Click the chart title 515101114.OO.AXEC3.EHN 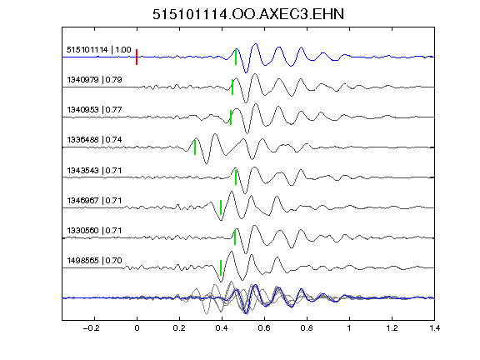[248, 14]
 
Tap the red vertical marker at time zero [137, 57]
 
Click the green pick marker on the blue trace [236, 57]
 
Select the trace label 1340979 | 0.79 [95, 80]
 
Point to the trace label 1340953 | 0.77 [95, 110]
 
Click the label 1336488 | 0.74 [95, 140]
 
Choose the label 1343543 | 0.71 [95, 170]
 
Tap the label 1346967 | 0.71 [95, 201]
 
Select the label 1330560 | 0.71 [95, 230]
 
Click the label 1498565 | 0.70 [95, 261]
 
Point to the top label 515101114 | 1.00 [99, 50]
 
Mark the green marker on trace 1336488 [195, 147]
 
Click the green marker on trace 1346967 [221, 207]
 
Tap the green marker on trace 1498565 [221, 267]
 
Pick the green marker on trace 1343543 [236, 177]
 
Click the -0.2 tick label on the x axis [92, 328]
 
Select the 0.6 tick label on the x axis [264, 328]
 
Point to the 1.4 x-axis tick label [434, 328]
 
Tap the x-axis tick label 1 [349, 328]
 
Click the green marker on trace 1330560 [235, 237]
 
